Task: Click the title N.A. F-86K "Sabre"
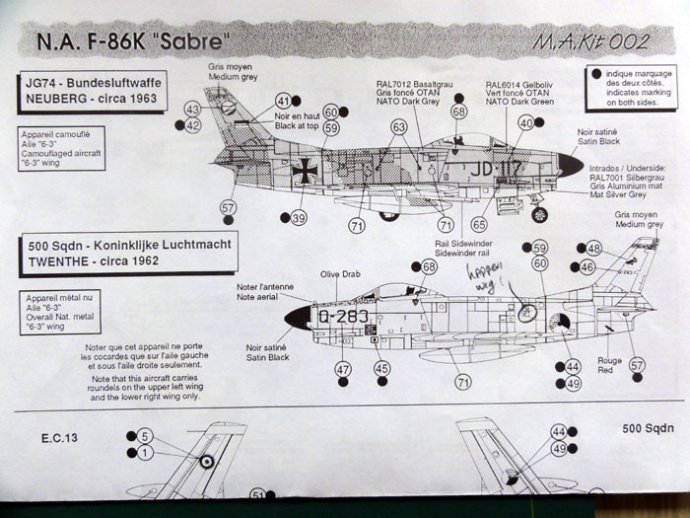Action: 147,43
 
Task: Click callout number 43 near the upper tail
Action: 192,109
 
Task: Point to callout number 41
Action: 285,101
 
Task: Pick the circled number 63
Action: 399,126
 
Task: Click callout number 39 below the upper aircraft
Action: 299,217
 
